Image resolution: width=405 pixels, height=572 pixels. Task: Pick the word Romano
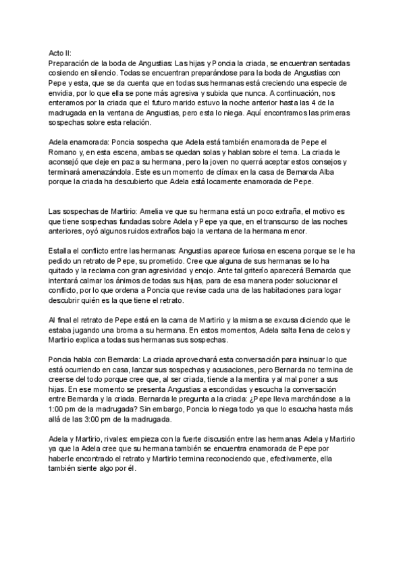tap(67, 154)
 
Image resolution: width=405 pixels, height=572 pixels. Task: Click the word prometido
tap(179, 260)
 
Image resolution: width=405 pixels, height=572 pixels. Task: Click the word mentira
tap(271, 379)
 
